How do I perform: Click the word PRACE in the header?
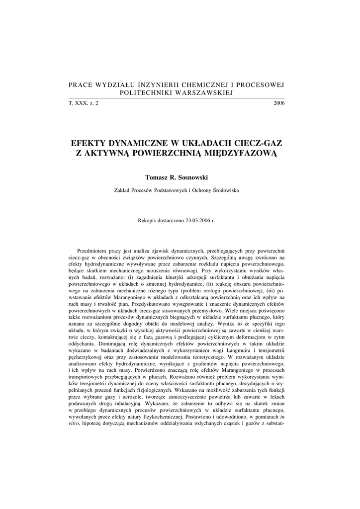81,85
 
